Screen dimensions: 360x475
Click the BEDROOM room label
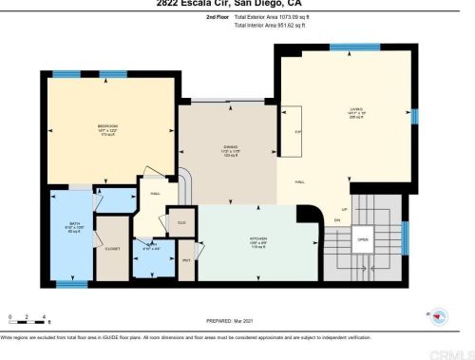click(107, 126)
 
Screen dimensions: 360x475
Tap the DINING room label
click(230, 145)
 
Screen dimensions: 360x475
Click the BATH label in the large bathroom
click(72, 224)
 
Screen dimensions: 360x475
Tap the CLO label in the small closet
click(182, 222)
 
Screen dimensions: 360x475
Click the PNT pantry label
click(186, 257)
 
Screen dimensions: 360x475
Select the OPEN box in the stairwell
click(362, 239)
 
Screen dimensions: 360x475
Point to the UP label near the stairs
click(344, 209)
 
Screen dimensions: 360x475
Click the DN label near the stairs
click(337, 220)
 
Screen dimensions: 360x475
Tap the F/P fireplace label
click(297, 131)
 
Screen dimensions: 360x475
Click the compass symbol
click(438, 313)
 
